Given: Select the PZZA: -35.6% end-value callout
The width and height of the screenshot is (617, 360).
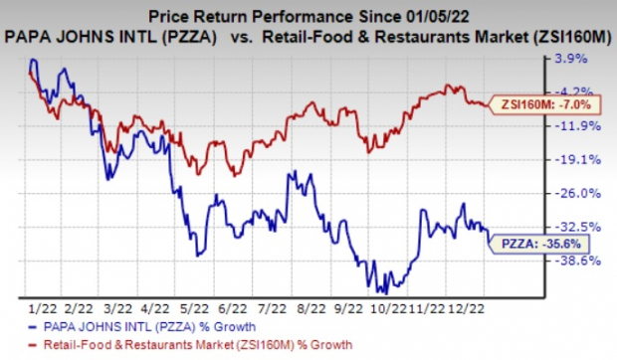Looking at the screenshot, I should [535, 243].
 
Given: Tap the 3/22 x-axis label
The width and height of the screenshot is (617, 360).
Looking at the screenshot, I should [122, 308].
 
